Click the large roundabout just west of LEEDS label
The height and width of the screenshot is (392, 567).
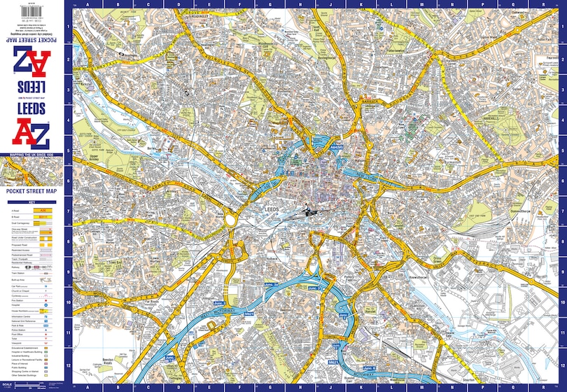coord(230,219)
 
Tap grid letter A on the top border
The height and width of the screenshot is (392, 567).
coord(87,4)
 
